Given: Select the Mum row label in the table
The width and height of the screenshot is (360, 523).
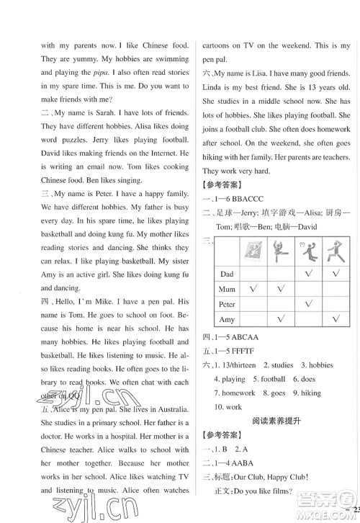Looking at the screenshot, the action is tap(228, 290).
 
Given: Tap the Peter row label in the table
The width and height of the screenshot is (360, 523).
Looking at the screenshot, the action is tap(228, 305).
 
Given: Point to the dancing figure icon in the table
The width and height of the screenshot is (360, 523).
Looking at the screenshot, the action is tap(283, 252).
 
